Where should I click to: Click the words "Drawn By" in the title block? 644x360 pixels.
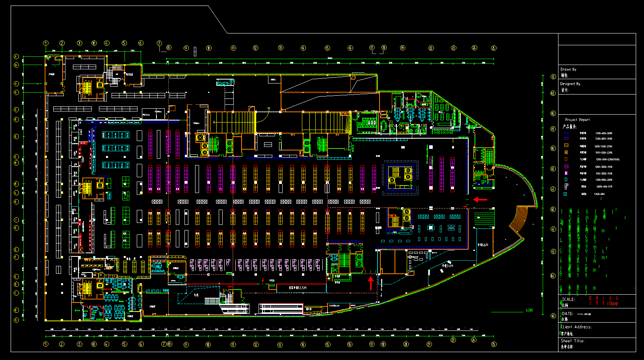click(x=568, y=69)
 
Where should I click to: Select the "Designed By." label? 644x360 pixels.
click(x=570, y=84)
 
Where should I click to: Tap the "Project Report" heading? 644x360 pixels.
click(x=577, y=120)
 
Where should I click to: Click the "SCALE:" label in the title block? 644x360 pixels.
click(x=568, y=299)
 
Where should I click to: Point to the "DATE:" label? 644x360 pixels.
click(x=568, y=314)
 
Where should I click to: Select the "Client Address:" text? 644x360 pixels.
click(x=576, y=327)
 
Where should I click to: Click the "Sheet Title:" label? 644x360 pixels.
click(x=572, y=341)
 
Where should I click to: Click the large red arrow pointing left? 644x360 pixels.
click(x=480, y=200)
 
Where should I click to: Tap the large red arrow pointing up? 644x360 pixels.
click(x=370, y=282)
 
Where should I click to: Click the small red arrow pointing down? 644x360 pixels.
click(x=263, y=280)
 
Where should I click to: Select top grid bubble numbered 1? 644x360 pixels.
click(x=46, y=43)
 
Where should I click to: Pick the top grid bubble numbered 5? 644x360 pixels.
click(x=124, y=43)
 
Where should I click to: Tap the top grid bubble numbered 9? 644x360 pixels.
click(x=186, y=48)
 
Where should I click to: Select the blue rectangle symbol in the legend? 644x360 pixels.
click(x=566, y=133)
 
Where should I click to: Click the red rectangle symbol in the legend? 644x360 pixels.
click(x=566, y=159)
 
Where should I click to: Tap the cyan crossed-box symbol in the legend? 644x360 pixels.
click(x=565, y=194)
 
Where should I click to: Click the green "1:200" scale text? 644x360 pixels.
click(x=529, y=310)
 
